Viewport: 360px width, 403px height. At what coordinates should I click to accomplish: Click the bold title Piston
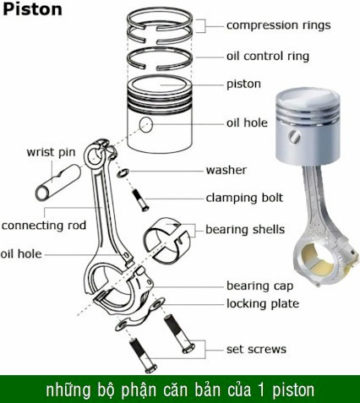click(32, 9)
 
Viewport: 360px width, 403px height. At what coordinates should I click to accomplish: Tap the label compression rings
click(278, 25)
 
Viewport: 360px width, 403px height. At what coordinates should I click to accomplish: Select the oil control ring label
click(268, 56)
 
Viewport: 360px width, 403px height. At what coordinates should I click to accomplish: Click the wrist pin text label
click(51, 152)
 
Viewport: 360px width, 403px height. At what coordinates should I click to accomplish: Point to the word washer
click(226, 170)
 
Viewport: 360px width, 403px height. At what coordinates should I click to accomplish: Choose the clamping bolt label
click(244, 198)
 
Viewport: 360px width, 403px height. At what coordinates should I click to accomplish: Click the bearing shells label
click(245, 230)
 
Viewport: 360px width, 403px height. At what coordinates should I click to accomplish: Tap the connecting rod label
click(44, 226)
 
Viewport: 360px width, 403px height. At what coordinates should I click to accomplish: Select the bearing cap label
click(259, 286)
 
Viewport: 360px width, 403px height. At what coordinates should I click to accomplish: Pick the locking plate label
click(263, 303)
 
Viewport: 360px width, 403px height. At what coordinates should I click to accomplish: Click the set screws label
click(256, 349)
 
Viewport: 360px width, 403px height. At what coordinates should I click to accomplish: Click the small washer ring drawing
click(123, 172)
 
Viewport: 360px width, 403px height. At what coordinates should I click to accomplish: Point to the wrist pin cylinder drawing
click(58, 182)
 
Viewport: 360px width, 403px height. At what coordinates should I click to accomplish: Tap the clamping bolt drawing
click(140, 200)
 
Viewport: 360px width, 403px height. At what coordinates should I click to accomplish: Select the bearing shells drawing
click(166, 240)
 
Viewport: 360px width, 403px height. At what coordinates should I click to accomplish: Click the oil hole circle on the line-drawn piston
click(146, 124)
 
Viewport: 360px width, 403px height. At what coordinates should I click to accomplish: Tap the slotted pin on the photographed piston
click(295, 137)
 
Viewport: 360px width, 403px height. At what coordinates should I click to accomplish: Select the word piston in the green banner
click(293, 390)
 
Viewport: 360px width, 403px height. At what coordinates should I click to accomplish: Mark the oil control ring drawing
click(160, 59)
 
